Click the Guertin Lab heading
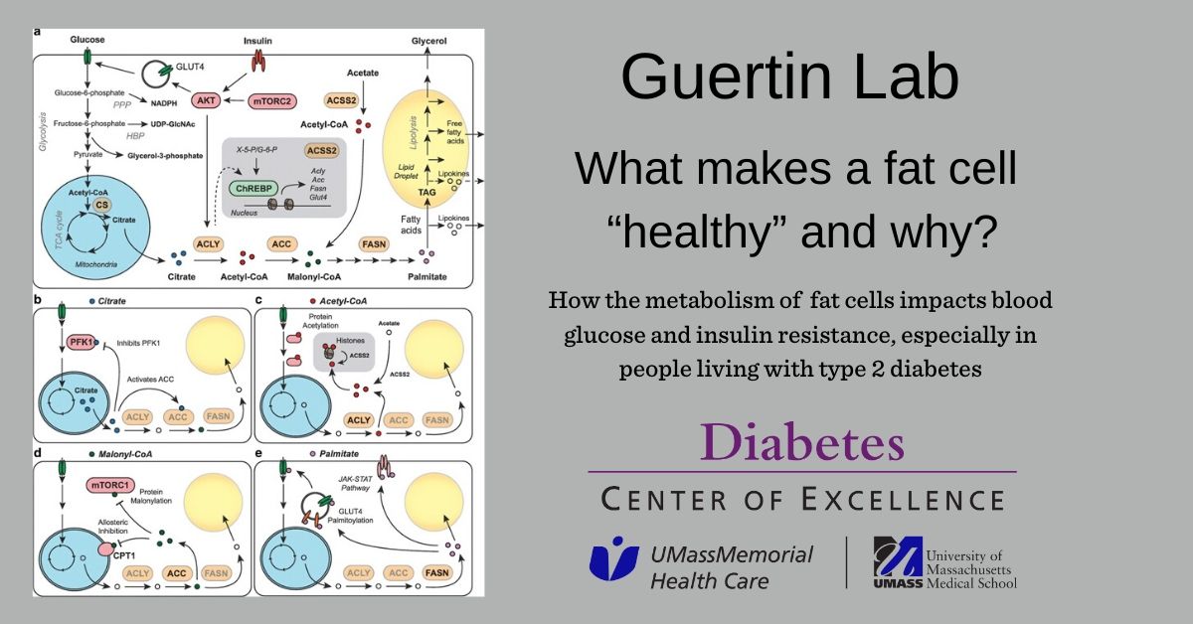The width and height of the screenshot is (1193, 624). (x=790, y=78)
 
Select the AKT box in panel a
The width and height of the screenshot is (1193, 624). (x=206, y=100)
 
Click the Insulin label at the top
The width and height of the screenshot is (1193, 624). (x=258, y=43)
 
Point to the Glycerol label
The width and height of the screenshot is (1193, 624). (x=430, y=41)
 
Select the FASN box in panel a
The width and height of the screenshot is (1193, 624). (x=375, y=242)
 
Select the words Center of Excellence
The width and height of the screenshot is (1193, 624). (x=802, y=498)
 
